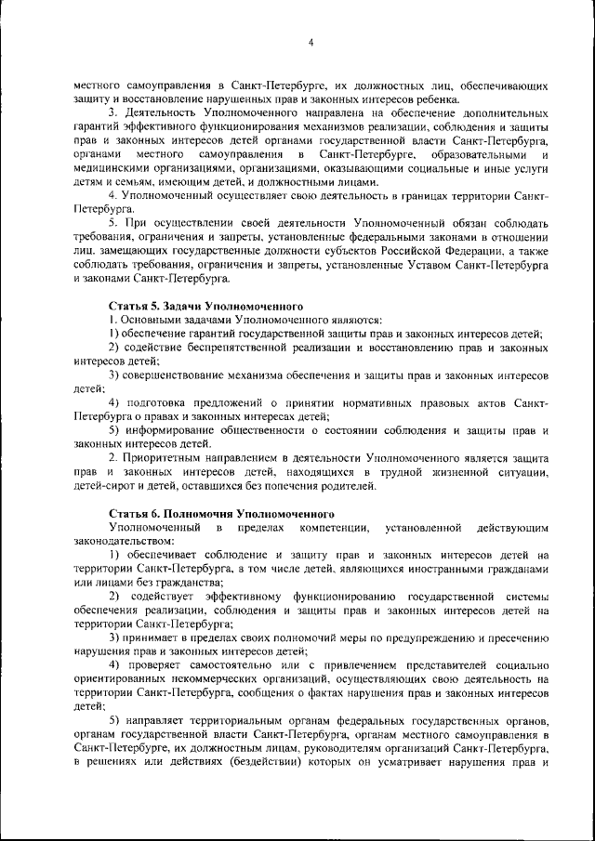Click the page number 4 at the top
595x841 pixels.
point(311,42)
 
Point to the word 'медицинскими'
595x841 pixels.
point(110,168)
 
